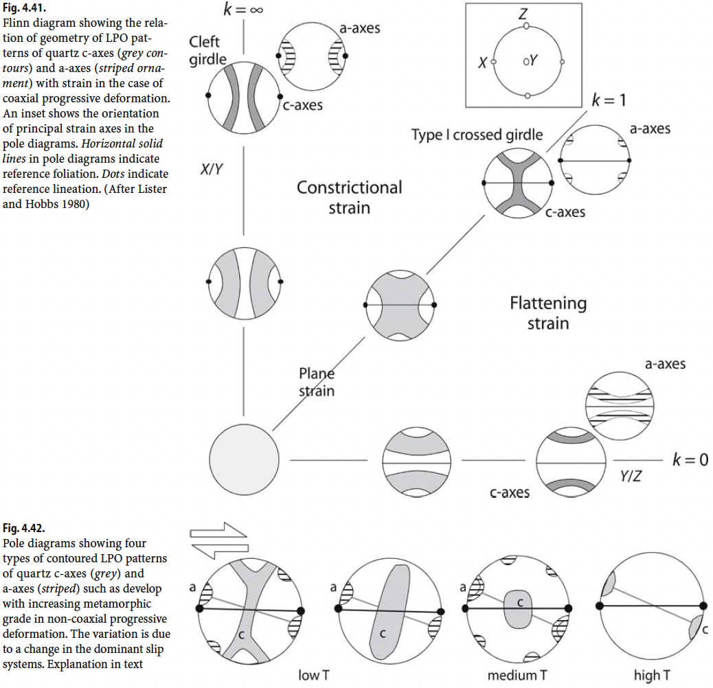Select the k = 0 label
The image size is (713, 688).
tap(689, 459)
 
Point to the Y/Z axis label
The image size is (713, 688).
tap(631, 475)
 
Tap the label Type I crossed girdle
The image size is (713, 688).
tap(477, 135)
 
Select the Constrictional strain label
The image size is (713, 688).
tap(350, 197)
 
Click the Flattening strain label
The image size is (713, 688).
tap(548, 312)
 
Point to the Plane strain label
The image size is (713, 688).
tap(317, 382)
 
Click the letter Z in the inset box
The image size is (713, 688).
tap(525, 12)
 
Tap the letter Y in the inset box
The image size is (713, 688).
tap(531, 62)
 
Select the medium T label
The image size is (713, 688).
tap(517, 675)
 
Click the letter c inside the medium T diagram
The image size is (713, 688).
tap(521, 602)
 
